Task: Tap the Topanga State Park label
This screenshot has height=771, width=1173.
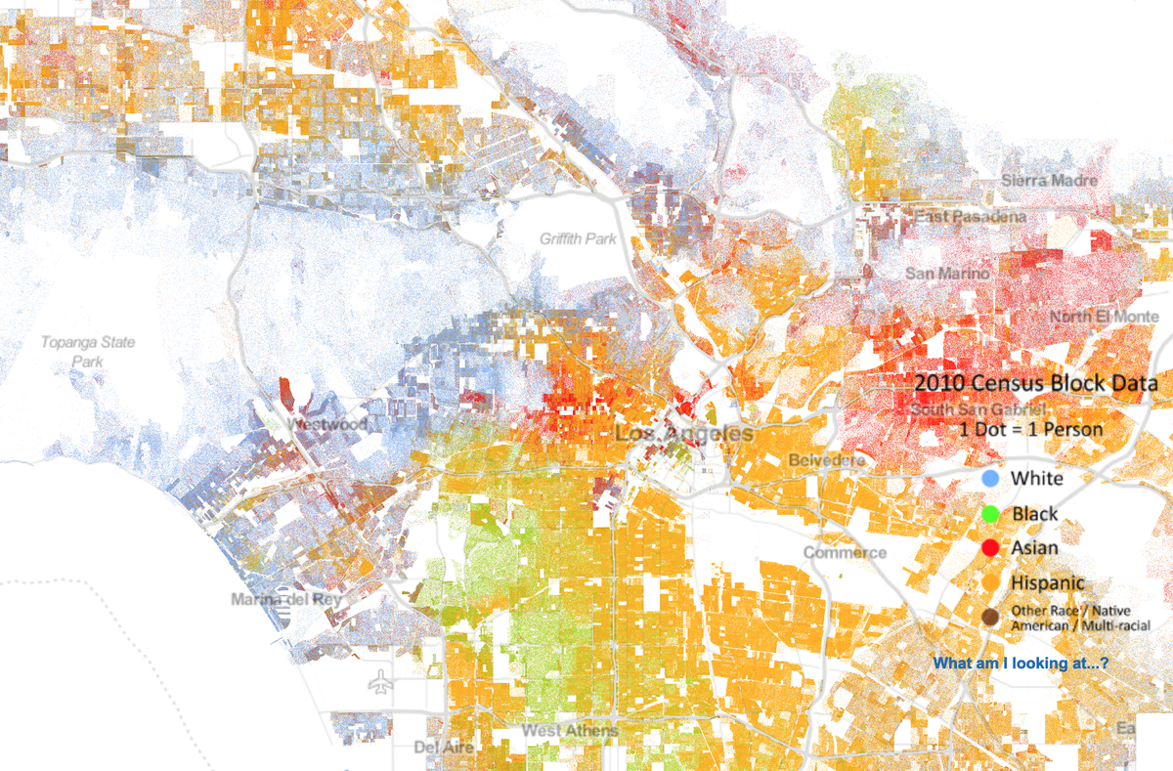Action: coord(87,352)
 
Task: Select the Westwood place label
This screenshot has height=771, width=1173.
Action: coord(328,425)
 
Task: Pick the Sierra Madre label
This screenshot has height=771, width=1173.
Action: coord(1049,181)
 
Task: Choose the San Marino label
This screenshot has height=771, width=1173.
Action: coord(947,274)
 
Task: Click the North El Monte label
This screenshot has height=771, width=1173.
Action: coord(1105,317)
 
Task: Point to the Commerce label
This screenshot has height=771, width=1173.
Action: coord(845,552)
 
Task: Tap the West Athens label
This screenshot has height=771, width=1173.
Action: coord(570,731)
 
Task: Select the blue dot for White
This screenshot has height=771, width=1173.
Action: coord(990,479)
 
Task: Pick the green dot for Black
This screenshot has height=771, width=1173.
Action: coord(990,514)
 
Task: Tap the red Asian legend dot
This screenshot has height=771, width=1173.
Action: coord(990,548)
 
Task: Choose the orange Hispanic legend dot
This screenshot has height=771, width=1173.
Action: coord(990,582)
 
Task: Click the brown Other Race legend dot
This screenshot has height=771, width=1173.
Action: coord(990,617)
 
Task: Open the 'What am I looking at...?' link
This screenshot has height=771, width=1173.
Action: coord(1021,664)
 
